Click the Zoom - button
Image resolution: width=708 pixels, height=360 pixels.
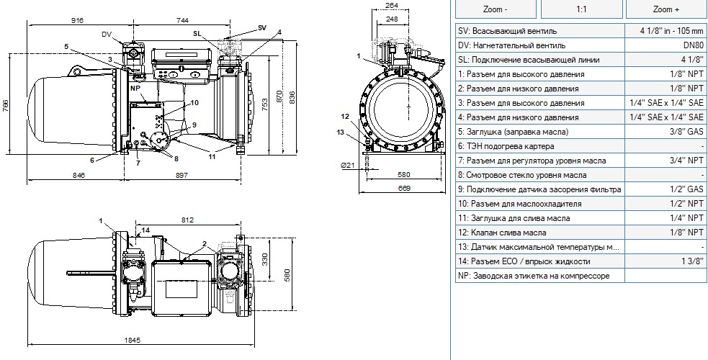click(x=496, y=9)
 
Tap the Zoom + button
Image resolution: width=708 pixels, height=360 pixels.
click(x=666, y=9)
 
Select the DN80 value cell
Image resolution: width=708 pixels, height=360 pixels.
click(x=665, y=45)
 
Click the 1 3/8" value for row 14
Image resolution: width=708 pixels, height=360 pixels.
click(x=665, y=261)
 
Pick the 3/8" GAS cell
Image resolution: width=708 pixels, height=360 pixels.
click(x=665, y=132)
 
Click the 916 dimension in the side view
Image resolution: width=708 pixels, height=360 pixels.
click(x=78, y=20)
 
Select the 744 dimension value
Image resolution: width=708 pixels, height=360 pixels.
click(x=182, y=20)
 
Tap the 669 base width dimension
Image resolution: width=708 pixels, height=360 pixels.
click(x=405, y=188)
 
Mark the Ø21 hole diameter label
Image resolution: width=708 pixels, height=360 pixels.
click(x=348, y=166)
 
